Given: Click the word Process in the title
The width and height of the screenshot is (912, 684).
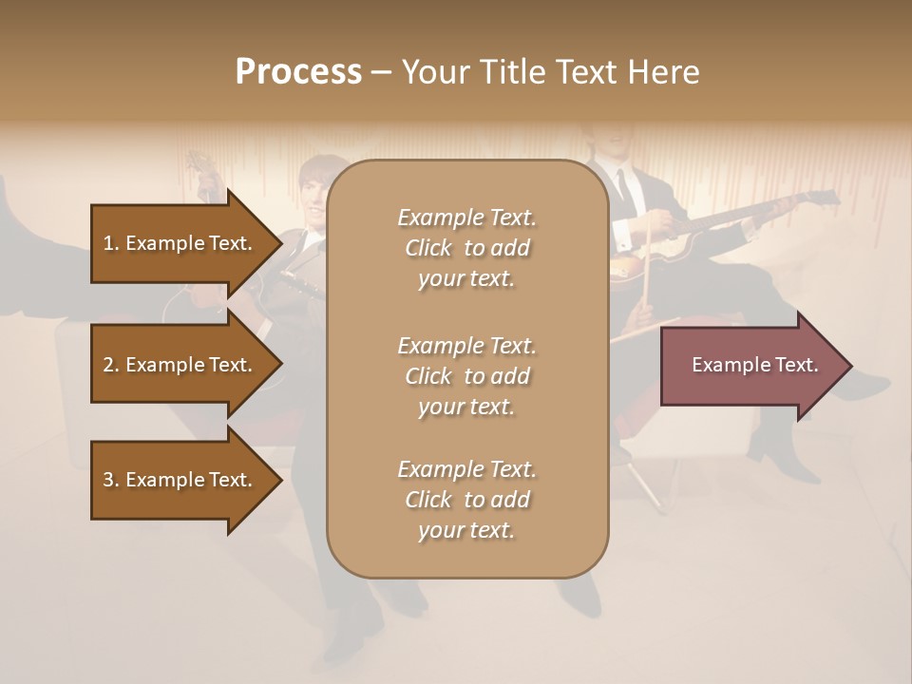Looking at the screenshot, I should click(x=298, y=72).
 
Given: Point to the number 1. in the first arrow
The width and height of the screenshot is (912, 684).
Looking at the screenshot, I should click(x=110, y=243).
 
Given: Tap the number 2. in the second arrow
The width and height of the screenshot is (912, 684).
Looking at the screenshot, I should click(x=110, y=365).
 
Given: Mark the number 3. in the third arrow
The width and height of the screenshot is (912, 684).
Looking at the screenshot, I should click(x=110, y=480).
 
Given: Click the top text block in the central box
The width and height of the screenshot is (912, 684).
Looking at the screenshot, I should click(x=466, y=248).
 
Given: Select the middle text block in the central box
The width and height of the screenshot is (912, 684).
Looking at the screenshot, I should click(x=466, y=376).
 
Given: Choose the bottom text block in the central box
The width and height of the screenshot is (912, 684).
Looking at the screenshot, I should click(x=466, y=500).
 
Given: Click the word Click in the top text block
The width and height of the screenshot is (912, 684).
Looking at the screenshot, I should click(x=428, y=248).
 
